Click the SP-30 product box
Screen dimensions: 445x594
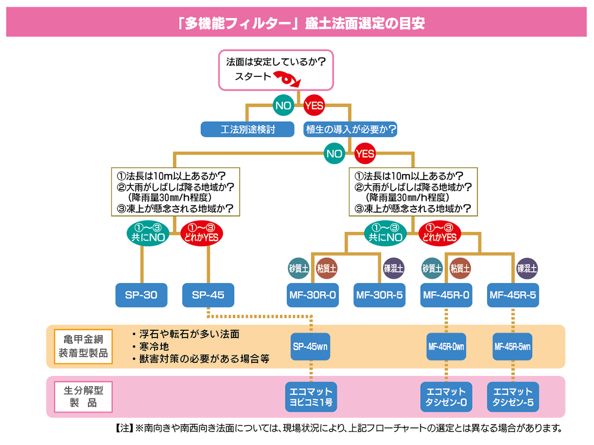pyautogui.click(x=141, y=296)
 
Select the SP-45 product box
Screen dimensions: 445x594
pyautogui.click(x=208, y=296)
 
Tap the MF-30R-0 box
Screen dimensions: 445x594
pyautogui.click(x=312, y=296)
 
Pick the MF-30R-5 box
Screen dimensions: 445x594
pyautogui.click(x=379, y=296)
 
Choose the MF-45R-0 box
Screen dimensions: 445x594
pyautogui.click(x=446, y=296)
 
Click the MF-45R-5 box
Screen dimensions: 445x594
pyautogui.click(x=512, y=296)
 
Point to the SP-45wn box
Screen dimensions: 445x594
pyautogui.click(x=311, y=346)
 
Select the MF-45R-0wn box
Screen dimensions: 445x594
pyautogui.click(x=446, y=346)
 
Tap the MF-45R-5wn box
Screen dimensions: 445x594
pyautogui.click(x=512, y=346)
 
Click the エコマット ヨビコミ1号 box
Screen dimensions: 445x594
pyautogui.click(x=311, y=396)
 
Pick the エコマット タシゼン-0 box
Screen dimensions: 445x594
pyautogui.click(x=446, y=396)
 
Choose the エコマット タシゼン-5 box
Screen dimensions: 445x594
pyautogui.click(x=512, y=396)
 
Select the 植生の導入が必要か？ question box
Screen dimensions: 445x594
pyautogui.click(x=350, y=130)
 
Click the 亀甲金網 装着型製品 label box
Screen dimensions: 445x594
pyautogui.click(x=83, y=346)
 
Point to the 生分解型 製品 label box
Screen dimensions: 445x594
pyautogui.click(x=83, y=396)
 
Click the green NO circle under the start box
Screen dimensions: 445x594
pyautogui.click(x=283, y=105)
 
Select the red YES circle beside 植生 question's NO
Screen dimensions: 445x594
pyautogui.click(x=365, y=154)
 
